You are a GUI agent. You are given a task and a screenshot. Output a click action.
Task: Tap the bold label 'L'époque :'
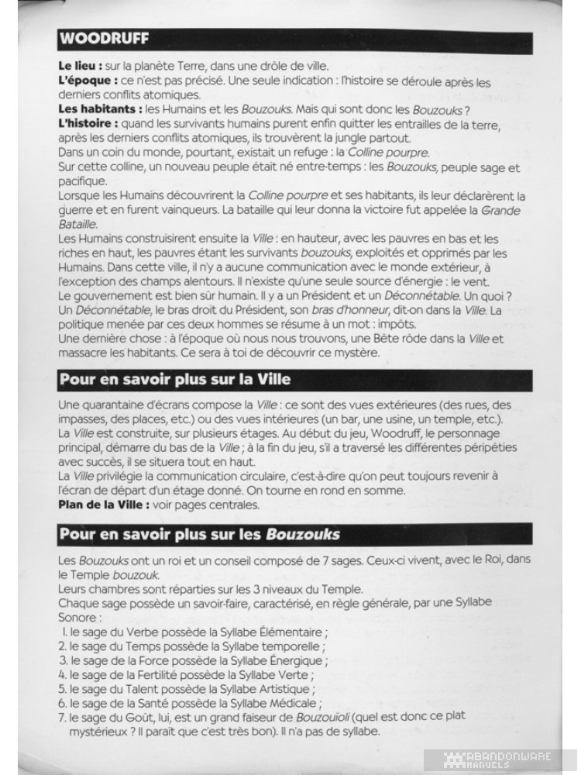click(88, 80)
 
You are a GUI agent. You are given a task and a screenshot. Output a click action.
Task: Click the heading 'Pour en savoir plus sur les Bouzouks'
click(199, 535)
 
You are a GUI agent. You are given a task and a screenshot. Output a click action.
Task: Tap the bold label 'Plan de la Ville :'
click(106, 505)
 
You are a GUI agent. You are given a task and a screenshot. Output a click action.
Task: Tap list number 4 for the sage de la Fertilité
click(63, 674)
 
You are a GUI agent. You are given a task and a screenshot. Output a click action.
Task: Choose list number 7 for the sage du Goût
click(63, 717)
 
